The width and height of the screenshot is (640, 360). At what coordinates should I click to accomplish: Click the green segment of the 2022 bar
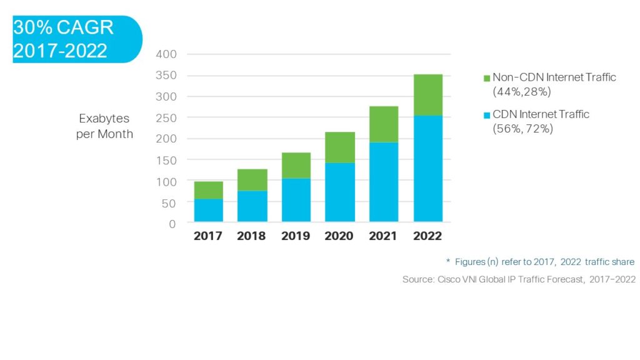coord(428,95)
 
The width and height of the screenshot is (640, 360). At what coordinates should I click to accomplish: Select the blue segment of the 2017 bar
coord(209,210)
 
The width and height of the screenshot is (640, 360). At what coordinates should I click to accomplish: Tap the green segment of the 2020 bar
coord(340,147)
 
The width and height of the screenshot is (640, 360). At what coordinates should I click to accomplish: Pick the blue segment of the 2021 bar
coord(384,181)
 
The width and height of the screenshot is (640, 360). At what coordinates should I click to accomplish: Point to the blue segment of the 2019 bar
coord(296,200)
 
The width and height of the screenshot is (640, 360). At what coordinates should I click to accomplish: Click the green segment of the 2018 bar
coord(252,180)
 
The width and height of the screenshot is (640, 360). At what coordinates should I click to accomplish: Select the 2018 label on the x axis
coord(252,236)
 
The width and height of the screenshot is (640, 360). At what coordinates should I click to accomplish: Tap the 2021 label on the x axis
coord(384,236)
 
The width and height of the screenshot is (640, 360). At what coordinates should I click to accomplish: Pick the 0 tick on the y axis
coord(172,223)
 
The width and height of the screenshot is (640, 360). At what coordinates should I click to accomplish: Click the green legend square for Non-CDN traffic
coord(487,78)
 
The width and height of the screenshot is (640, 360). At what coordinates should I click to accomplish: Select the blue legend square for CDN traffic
coord(487,115)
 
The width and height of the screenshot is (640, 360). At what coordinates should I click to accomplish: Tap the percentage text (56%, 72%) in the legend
coord(522,128)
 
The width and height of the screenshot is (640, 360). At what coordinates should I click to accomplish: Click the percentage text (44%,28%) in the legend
coord(521,91)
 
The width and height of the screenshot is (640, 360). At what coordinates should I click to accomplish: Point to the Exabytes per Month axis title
coord(104,126)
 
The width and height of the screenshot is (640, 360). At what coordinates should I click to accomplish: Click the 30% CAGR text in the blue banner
coord(63,29)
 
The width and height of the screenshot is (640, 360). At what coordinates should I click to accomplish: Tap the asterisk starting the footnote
coord(448,261)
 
